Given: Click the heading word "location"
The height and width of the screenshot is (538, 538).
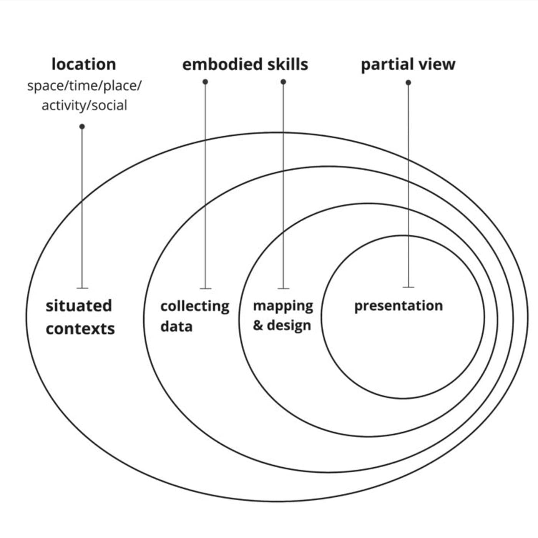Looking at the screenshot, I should pyautogui.click(x=83, y=64).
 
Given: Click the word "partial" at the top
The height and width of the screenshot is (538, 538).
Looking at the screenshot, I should pyautogui.click(x=386, y=65).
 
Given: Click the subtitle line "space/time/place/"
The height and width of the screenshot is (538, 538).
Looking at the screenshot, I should pyautogui.click(x=84, y=85).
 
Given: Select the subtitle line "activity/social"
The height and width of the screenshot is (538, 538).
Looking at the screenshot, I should pyautogui.click(x=84, y=105).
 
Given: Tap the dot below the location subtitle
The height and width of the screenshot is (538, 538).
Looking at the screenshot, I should pyautogui.click(x=82, y=126).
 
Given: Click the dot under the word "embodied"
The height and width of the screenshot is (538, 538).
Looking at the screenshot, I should pyautogui.click(x=205, y=81).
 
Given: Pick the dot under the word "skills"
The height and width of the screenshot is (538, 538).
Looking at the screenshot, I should pyautogui.click(x=283, y=81).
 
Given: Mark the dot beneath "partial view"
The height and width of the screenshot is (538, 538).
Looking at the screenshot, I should pyautogui.click(x=408, y=83).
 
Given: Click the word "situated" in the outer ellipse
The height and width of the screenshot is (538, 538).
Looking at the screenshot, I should pyautogui.click(x=79, y=306).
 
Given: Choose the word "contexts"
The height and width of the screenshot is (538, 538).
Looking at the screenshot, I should pyautogui.click(x=80, y=329).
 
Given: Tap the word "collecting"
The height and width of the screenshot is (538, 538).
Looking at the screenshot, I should pyautogui.click(x=194, y=306).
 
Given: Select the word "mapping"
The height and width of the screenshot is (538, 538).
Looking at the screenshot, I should pyautogui.click(x=283, y=306).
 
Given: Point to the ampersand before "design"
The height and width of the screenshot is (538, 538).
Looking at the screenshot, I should pyautogui.click(x=258, y=325).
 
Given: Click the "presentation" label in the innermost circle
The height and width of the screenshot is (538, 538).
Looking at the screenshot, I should pyautogui.click(x=398, y=306).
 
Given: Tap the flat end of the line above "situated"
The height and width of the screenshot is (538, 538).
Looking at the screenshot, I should pyautogui.click(x=82, y=287).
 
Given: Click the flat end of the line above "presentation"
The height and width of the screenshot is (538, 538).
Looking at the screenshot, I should pyautogui.click(x=408, y=287).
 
